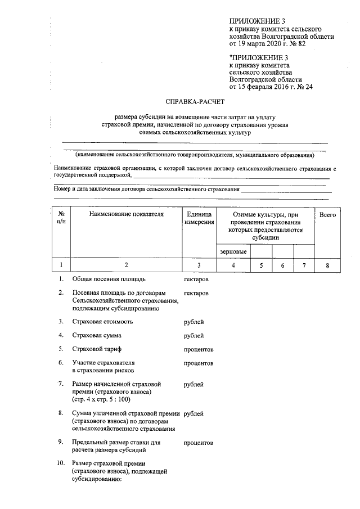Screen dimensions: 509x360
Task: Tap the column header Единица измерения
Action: (199, 219)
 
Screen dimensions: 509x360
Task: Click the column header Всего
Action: (327, 215)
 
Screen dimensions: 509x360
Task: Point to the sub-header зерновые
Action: (230, 251)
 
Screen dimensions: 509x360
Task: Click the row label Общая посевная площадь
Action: (109, 279)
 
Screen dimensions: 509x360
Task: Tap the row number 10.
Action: (61, 463)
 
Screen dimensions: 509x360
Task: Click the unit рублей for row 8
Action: (193, 413)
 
